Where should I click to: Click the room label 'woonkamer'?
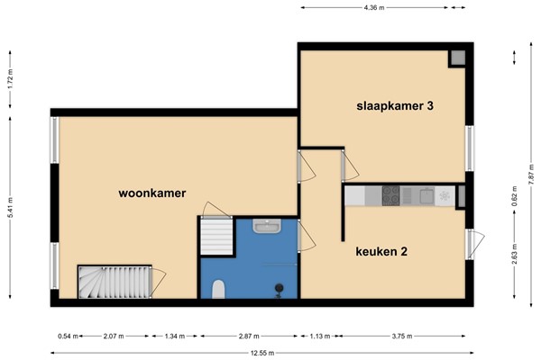[151, 193]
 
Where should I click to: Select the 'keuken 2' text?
[382, 251]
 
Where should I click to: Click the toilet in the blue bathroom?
[217, 289]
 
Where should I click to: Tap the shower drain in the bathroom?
[280, 288]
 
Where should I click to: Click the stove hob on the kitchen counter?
[390, 193]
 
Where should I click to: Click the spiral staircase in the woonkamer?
[114, 281]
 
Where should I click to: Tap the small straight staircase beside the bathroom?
[215, 238]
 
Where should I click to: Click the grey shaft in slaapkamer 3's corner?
[458, 58]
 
